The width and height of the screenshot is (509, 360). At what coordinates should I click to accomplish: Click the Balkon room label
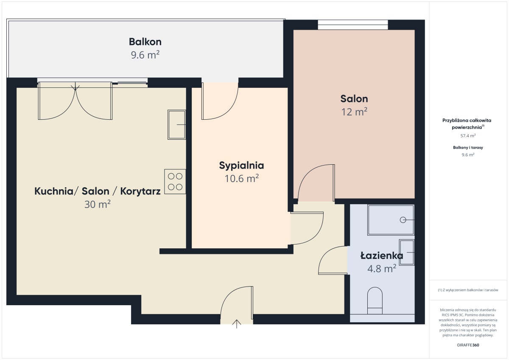tap(145, 42)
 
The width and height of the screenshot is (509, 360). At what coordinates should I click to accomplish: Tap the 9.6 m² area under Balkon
tap(145, 55)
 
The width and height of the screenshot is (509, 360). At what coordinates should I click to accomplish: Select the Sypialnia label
tap(241, 166)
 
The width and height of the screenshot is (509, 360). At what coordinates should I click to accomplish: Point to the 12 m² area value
tap(354, 112)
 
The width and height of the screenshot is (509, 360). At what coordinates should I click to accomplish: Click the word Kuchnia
tap(53, 191)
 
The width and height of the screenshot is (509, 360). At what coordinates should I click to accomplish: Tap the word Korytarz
tap(140, 191)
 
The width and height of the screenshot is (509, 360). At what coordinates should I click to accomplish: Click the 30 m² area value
tap(98, 204)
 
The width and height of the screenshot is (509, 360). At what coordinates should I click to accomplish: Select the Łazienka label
tap(382, 256)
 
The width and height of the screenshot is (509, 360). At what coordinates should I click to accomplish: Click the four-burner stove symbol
tap(175, 181)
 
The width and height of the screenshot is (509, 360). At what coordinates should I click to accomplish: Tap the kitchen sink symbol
tap(176, 125)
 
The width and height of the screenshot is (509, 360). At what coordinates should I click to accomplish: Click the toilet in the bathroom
tap(375, 301)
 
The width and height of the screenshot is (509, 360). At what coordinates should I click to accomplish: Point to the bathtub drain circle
tap(403, 220)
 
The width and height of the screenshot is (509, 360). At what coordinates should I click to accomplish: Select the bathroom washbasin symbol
tap(407, 252)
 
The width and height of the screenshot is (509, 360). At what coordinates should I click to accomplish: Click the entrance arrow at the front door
tap(237, 324)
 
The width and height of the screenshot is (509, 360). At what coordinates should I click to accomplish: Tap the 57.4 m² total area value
tap(468, 136)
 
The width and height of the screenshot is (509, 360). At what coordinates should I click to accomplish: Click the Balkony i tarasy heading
tap(468, 148)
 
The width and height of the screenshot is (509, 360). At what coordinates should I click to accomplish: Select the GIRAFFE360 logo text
tap(468, 345)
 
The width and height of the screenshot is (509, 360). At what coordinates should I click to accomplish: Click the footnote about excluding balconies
tap(468, 290)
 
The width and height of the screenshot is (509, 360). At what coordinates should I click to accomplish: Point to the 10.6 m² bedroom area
tap(241, 179)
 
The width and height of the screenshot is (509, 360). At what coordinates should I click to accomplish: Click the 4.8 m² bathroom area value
tap(382, 269)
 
